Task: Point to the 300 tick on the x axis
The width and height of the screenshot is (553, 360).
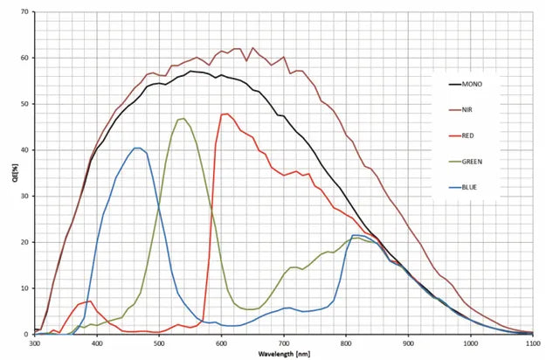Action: pyautogui.click(x=35, y=343)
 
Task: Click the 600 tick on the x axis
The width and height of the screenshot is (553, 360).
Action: pyautogui.click(x=222, y=343)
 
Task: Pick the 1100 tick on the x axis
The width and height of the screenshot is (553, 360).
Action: pyautogui.click(x=533, y=343)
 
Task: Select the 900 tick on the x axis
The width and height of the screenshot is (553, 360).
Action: pyautogui.click(x=409, y=343)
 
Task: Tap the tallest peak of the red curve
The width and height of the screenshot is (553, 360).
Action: pyautogui.click(x=226, y=114)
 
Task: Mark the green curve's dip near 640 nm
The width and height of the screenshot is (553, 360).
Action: pyautogui.click(x=249, y=309)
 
